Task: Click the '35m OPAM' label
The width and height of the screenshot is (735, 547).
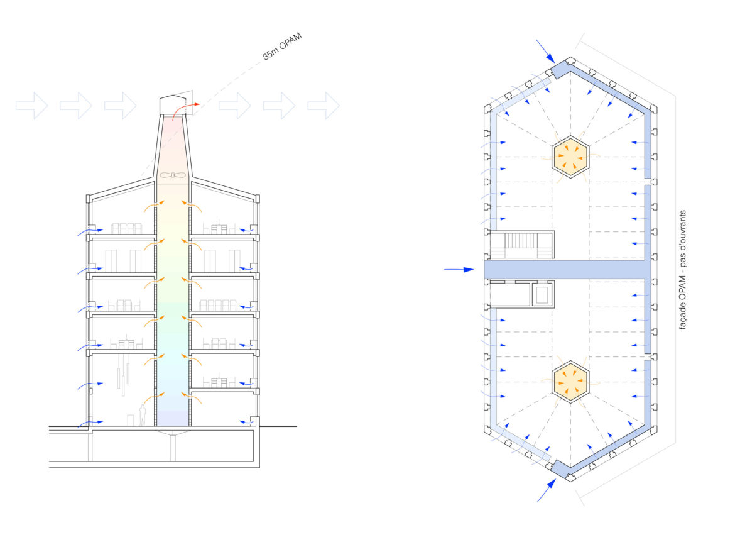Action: click(281, 46)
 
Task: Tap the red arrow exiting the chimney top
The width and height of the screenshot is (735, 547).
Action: click(186, 111)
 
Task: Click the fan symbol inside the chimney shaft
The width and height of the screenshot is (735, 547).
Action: click(173, 175)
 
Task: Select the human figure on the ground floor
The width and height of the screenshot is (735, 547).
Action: click(143, 415)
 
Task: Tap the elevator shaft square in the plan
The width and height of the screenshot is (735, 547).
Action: click(542, 294)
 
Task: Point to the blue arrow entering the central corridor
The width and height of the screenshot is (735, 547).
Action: click(459, 270)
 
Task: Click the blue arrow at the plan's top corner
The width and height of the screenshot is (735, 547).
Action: click(546, 51)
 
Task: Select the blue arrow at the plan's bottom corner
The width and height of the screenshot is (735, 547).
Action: click(547, 490)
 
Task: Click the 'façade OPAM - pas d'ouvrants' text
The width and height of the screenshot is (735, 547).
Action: click(682, 270)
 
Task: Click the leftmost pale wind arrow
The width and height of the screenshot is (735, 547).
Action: click(32, 106)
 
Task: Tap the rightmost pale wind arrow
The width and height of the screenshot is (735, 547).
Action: click(324, 106)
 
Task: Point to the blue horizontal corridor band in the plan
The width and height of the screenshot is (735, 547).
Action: click(568, 270)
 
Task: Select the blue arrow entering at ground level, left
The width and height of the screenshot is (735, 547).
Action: click(90, 424)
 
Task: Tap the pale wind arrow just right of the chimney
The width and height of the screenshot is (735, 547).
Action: click(235, 106)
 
